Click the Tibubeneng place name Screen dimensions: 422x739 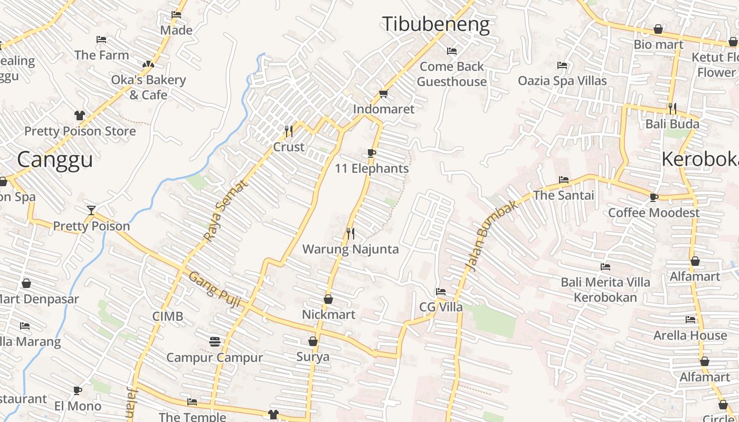[435, 25]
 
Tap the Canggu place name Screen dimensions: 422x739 [55, 159]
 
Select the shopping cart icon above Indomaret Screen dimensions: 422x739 [384, 94]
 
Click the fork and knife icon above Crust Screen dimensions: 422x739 [288, 131]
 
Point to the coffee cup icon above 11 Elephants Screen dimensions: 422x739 [372, 154]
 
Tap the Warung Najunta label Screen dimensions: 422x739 [350, 249]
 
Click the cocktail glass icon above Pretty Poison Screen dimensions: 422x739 [91, 210]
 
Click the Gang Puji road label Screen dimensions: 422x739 [215, 290]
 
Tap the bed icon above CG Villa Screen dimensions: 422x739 [441, 292]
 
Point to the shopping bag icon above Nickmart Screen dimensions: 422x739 [328, 299]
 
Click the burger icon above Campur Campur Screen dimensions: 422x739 [214, 341]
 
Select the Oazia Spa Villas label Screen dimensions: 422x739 [562, 81]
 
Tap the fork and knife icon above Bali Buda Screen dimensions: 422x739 [672, 109]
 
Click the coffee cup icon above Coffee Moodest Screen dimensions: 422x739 [654, 197]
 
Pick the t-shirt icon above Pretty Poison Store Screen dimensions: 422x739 [80, 116]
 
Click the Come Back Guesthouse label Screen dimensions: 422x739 [452, 74]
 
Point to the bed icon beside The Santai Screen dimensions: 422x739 [564, 180]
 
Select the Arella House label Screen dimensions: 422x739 [690, 335]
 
